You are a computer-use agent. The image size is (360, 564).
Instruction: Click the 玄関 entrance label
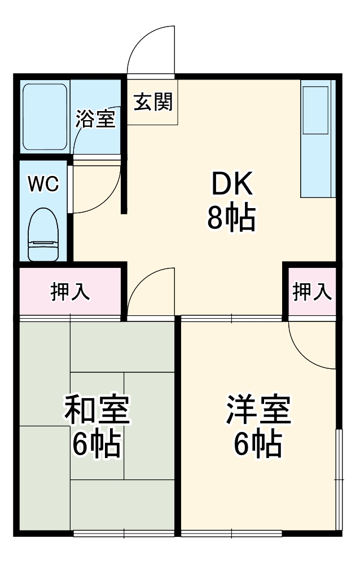click(152, 102)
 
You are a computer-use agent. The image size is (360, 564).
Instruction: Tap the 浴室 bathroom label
click(95, 119)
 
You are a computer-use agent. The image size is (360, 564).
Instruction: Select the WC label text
click(43, 184)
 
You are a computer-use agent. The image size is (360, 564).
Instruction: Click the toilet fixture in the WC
click(43, 233)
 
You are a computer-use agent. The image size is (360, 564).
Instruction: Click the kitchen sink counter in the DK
click(317, 138)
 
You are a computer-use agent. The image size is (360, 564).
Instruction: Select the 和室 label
click(97, 410)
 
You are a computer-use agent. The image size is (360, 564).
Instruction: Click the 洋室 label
click(258, 410)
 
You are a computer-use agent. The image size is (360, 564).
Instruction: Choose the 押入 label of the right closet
click(311, 292)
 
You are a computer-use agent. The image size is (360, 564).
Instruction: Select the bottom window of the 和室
click(124, 532)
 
